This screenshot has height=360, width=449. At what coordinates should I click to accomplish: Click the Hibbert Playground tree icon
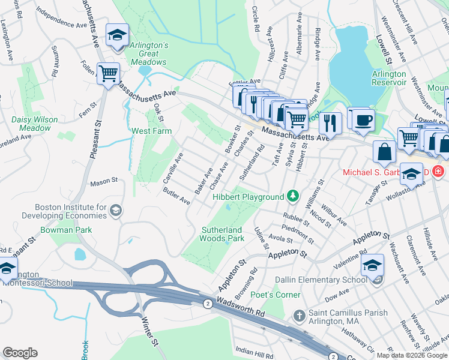tap(292, 196)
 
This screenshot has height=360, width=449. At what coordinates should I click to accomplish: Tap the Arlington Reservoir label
tap(389, 79)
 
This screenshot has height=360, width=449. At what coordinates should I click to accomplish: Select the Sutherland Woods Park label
tap(222, 234)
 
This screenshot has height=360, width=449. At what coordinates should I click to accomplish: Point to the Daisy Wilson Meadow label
tap(35, 124)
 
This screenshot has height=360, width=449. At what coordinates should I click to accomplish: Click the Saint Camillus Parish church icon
tap(299, 315)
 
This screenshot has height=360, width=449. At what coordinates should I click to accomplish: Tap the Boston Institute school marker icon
tap(116, 210)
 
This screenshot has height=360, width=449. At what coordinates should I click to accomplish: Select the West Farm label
tap(152, 131)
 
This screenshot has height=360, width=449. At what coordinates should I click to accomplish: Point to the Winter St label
tap(150, 335)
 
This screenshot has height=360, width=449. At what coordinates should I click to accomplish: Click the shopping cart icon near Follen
tap(109, 74)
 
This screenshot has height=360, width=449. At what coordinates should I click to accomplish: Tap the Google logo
tap(20, 353)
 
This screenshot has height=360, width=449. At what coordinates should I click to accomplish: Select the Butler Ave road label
tap(176, 196)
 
